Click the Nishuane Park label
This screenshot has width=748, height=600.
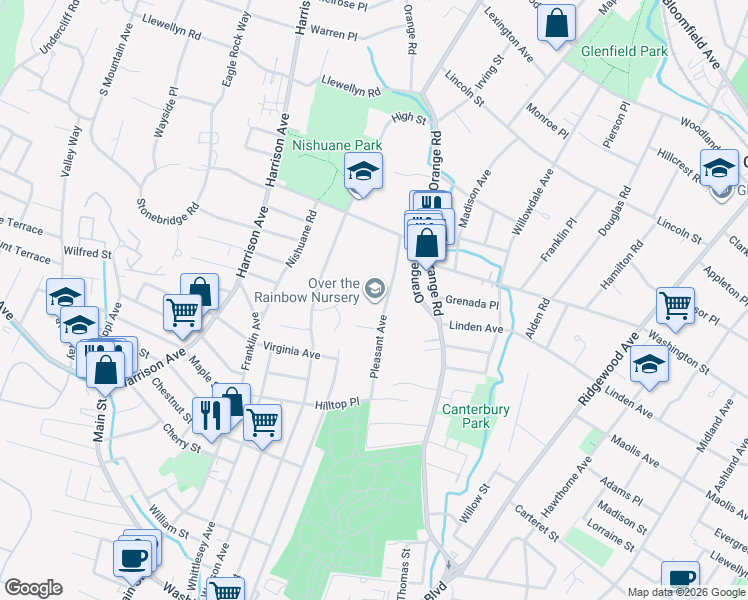[x=337, y=145]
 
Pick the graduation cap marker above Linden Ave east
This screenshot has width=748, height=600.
[x=650, y=367]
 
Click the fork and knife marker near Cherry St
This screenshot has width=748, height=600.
[x=210, y=413]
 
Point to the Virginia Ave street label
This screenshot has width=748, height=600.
[x=292, y=352]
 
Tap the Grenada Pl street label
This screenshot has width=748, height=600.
[x=472, y=303]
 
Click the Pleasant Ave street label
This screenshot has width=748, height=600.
[x=379, y=348]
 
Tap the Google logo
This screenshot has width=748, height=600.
[x=33, y=588]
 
